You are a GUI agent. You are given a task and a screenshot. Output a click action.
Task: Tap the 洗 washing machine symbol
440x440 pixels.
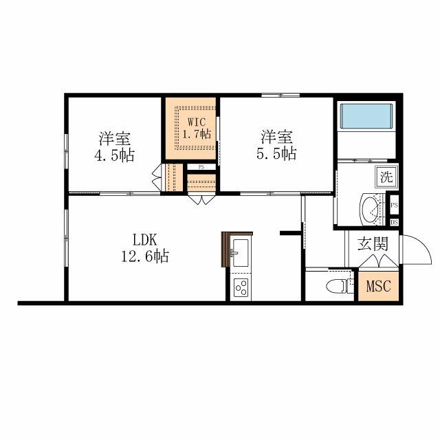[386, 176]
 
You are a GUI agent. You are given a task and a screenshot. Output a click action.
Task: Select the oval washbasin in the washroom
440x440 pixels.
[372, 208]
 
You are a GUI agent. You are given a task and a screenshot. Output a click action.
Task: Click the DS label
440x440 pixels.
[395, 222]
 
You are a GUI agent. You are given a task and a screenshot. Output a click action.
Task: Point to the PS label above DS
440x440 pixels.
[395, 206]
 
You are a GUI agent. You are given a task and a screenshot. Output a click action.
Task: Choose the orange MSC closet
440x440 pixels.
[377, 286]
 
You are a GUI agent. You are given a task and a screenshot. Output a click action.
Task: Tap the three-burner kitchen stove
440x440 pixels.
[241, 287]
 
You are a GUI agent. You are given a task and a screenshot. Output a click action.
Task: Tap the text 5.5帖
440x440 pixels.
[277, 154]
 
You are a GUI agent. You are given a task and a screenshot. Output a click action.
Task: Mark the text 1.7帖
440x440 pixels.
[196, 134]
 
